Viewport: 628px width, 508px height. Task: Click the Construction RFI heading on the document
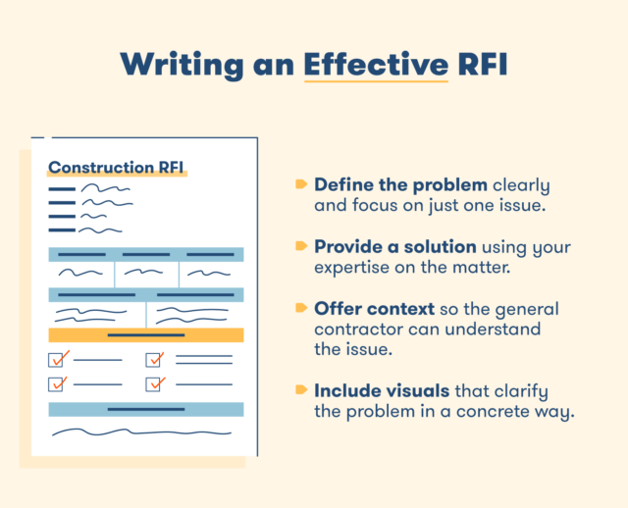(x=117, y=167)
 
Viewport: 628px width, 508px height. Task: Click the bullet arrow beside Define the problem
(x=300, y=183)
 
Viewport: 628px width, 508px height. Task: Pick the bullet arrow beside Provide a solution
(x=300, y=245)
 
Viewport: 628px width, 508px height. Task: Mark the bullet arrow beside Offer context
(x=300, y=307)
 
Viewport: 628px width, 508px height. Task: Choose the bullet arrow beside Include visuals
(x=300, y=390)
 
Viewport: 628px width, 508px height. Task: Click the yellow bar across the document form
(x=145, y=334)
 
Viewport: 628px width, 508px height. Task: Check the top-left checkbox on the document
(x=57, y=360)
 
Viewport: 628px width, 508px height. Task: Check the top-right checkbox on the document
(x=154, y=360)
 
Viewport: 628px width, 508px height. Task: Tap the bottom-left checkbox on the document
(x=57, y=383)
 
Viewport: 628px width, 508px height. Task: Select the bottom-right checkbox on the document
(x=154, y=383)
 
